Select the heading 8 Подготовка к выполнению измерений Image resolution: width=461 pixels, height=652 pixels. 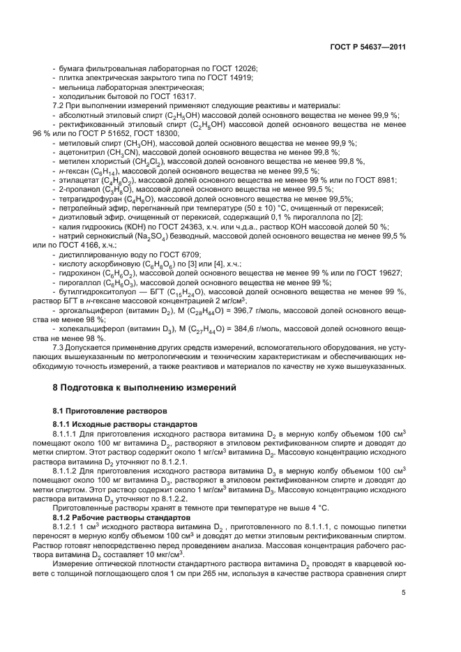145,386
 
